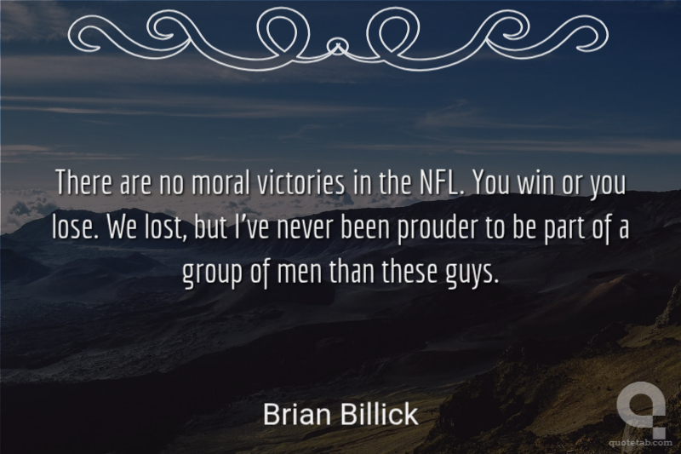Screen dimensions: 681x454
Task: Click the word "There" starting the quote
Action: point(83,183)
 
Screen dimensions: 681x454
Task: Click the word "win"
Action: point(535,184)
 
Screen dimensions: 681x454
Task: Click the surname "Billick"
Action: point(379,414)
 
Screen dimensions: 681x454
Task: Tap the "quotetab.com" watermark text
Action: point(641,442)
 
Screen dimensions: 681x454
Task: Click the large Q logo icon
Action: point(641,413)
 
